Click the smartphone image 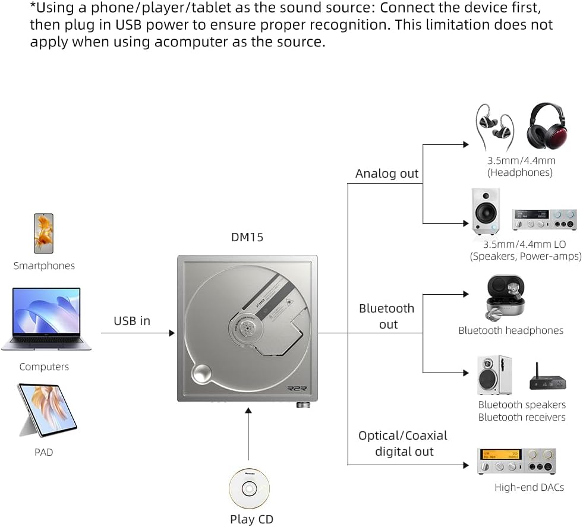[x=43, y=233]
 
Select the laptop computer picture [x=45, y=319]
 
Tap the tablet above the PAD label [x=46, y=410]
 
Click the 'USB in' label [x=132, y=321]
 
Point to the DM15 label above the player [x=247, y=237]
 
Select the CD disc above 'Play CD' [x=249, y=488]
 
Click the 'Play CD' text [x=251, y=519]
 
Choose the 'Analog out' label [x=387, y=173]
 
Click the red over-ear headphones [x=547, y=126]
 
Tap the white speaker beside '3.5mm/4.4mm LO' [x=486, y=211]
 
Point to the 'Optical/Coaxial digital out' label [x=402, y=443]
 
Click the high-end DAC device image [x=516, y=461]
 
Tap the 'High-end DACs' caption [x=529, y=487]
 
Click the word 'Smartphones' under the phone [x=44, y=266]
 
